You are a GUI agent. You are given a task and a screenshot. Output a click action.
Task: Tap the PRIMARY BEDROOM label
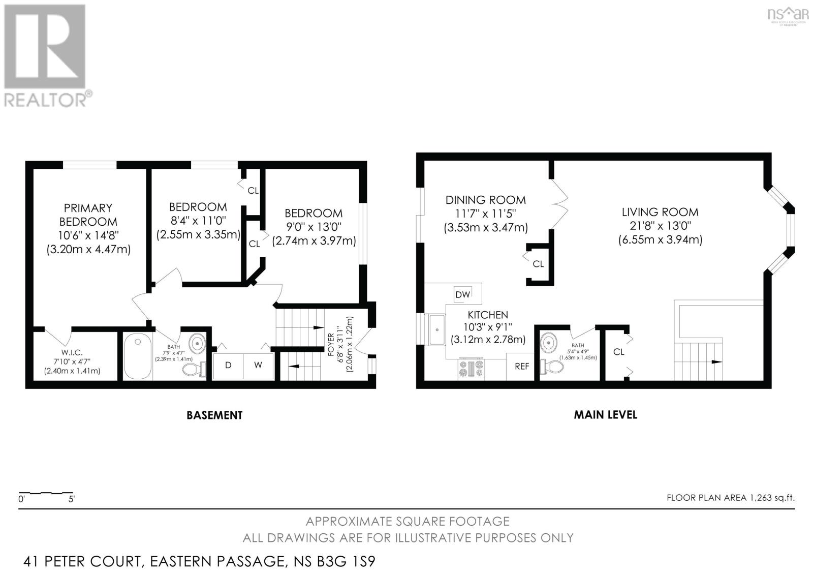(x=88, y=215)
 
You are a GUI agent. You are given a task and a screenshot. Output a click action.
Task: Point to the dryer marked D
(x=228, y=365)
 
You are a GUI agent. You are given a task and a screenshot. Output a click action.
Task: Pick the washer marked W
(x=258, y=365)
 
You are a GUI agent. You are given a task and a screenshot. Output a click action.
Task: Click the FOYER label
(x=331, y=344)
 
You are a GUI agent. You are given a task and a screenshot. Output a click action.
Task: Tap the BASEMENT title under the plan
(x=214, y=415)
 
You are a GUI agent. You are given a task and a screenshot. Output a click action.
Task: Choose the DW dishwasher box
(x=462, y=294)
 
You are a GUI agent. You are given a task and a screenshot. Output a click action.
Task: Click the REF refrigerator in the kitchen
(x=522, y=366)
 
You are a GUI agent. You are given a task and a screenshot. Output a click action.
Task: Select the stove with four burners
(x=472, y=369)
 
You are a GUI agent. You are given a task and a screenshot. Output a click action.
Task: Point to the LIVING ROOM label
(x=660, y=212)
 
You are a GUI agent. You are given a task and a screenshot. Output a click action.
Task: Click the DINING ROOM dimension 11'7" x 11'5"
(x=485, y=214)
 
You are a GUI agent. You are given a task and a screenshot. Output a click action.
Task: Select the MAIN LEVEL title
(x=605, y=414)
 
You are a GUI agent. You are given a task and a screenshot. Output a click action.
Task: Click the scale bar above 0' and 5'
(x=46, y=493)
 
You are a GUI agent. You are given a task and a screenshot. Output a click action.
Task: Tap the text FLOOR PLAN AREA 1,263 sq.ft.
(x=730, y=498)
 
